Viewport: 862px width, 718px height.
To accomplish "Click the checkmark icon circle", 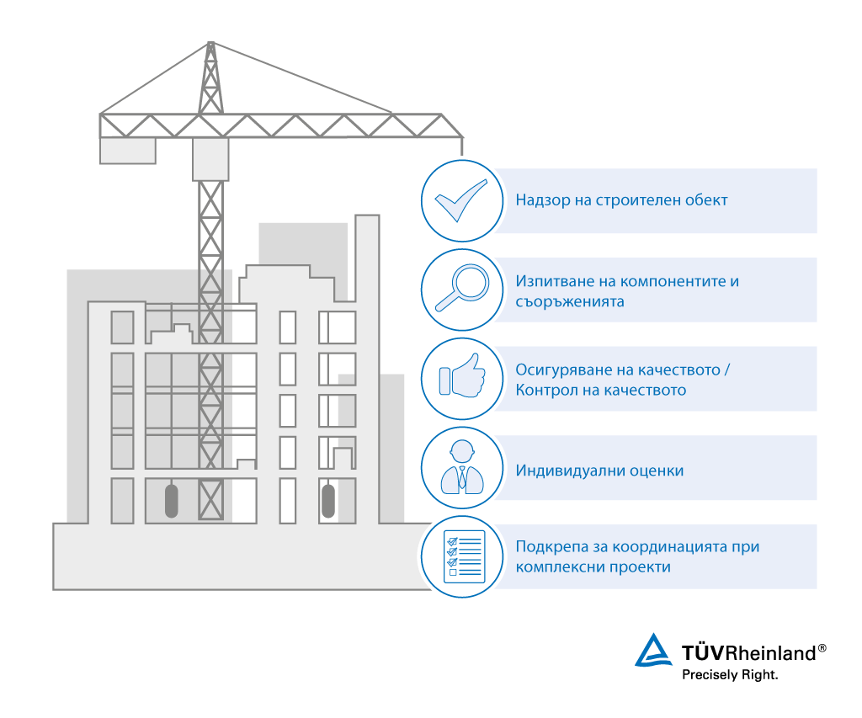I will [459, 200].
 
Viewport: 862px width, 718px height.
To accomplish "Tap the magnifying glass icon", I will [459, 289].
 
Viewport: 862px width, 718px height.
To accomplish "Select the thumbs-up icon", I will [459, 378].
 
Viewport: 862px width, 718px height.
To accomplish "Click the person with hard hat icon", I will [459, 467].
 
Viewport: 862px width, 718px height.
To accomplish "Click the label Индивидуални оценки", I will [599, 471].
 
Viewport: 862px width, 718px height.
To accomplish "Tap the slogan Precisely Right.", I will [729, 674].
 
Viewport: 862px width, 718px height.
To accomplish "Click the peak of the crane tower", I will [210, 44].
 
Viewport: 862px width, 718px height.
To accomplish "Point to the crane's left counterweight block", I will [127, 151].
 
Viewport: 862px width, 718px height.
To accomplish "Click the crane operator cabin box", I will [210, 159].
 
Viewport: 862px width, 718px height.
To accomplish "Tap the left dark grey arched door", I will [171, 500].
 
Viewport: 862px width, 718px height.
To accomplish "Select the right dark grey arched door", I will [328, 500].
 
